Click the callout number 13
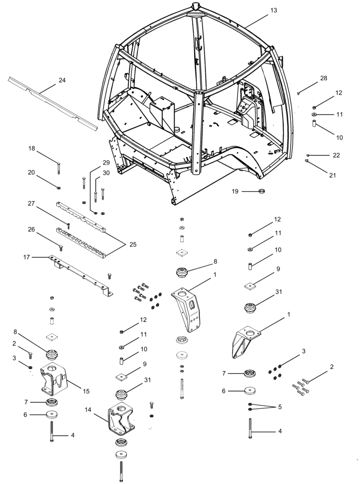(x=274, y=10)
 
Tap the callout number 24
(x=62, y=80)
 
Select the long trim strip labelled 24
(x=51, y=102)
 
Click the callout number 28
(x=324, y=78)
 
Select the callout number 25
(x=133, y=244)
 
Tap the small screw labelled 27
(x=68, y=226)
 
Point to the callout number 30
(x=106, y=173)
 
